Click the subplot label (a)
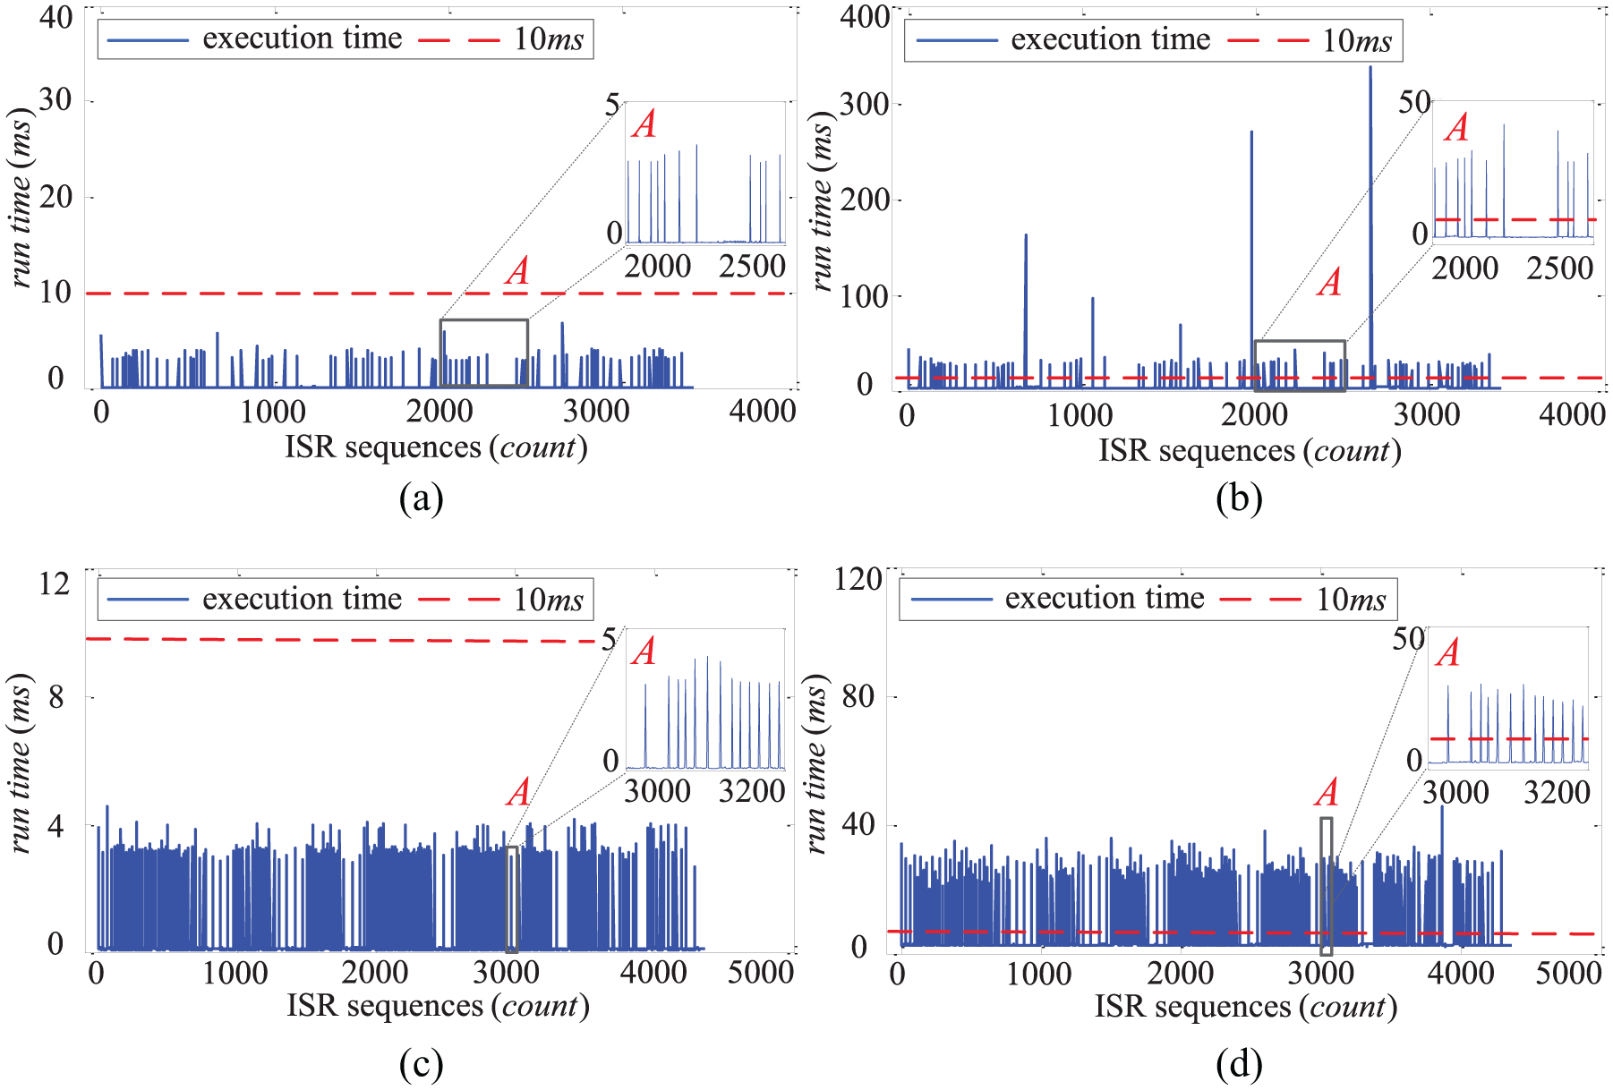[x=421, y=498]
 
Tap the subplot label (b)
[x=1239, y=498]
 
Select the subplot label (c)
[x=421, y=1064]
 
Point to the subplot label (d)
[x=1239, y=1064]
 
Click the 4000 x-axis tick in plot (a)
[x=762, y=412]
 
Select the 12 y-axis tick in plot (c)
[x=55, y=583]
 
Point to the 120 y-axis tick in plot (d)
[x=858, y=578]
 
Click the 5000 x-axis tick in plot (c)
[x=760, y=972]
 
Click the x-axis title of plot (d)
[x=1246, y=1007]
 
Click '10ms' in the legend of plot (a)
[x=548, y=39]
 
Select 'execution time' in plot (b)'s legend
[x=1110, y=39]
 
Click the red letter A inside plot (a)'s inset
[x=644, y=124]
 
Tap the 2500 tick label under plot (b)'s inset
[x=1559, y=268]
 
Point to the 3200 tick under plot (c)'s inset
[x=752, y=791]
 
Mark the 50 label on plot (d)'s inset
[x=1408, y=639]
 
